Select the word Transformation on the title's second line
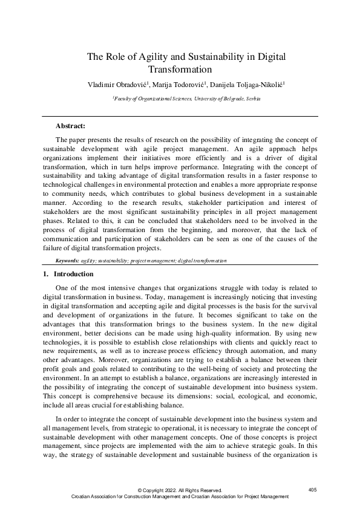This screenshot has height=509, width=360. (180, 69)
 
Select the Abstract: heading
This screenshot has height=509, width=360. (70, 126)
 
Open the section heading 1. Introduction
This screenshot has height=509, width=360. (65, 274)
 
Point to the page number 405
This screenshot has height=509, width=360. (312, 489)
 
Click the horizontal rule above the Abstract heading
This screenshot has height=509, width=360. (180, 116)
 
